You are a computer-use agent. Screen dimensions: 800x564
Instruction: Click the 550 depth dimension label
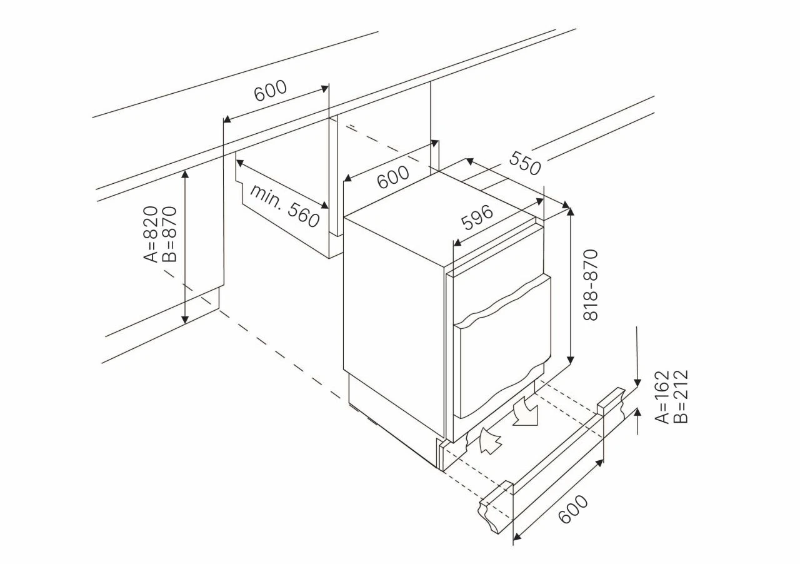(524, 163)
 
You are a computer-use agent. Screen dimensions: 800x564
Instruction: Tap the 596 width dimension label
(477, 218)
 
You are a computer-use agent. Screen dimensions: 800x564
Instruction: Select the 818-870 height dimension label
(590, 285)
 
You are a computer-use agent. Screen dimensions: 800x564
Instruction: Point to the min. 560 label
(284, 206)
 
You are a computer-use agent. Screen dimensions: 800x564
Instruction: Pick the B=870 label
(169, 234)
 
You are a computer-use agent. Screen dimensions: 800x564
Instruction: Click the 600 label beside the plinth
(573, 510)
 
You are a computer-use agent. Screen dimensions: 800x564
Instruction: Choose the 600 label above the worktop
(271, 90)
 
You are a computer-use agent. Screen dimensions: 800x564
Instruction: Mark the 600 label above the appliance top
(393, 177)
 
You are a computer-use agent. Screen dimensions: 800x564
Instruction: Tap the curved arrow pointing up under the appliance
(490, 441)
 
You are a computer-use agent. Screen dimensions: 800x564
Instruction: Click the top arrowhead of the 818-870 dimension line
(571, 211)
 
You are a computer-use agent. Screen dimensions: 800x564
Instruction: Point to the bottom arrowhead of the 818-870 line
(571, 360)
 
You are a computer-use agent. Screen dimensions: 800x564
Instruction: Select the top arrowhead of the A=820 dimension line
(184, 174)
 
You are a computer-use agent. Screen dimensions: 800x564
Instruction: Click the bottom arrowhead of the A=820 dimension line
(184, 320)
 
